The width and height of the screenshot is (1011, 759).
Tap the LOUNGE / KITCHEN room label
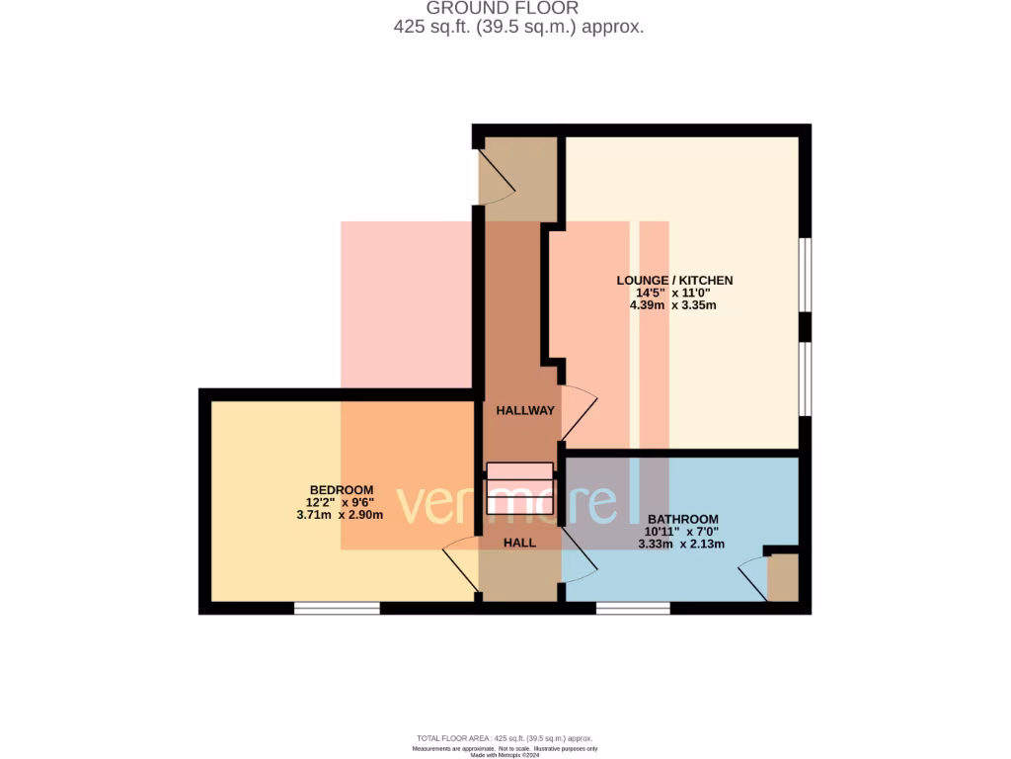[674, 281]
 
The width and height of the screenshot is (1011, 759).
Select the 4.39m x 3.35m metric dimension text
[674, 305]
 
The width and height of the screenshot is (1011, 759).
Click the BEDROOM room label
[342, 490]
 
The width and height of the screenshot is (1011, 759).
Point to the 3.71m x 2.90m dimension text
[340, 515]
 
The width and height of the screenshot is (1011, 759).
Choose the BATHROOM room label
[682, 519]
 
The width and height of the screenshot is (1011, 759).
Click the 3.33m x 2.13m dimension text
[682, 544]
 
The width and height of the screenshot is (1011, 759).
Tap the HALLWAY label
[525, 410]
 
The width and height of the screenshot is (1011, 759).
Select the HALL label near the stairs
[519, 543]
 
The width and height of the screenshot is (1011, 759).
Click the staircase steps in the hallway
[519, 487]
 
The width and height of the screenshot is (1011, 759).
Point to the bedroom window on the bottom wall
[337, 608]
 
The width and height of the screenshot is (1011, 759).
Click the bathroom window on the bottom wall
[633, 608]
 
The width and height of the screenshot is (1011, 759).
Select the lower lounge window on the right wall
[806, 379]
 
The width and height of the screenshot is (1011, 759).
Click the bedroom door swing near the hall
[460, 569]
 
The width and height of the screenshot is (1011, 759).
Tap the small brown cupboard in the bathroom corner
[782, 577]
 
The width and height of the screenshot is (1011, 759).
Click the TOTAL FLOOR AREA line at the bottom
[505, 738]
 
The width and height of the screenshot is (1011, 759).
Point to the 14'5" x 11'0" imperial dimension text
[674, 294]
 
